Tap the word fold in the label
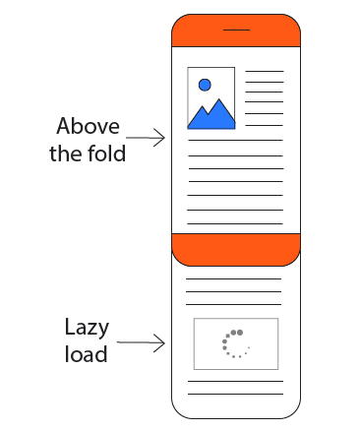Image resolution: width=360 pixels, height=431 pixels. (x=105, y=154)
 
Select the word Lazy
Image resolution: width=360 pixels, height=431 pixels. (x=86, y=328)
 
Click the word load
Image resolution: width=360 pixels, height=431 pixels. (x=86, y=354)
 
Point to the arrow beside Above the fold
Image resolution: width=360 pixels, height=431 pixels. (x=147, y=140)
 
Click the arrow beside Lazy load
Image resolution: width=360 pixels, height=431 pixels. (x=147, y=343)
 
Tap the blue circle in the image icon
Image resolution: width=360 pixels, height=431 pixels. (x=205, y=85)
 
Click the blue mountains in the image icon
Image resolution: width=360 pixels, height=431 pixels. (x=211, y=114)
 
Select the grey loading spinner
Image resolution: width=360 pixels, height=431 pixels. (x=235, y=343)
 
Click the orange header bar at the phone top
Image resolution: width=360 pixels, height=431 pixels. (x=235, y=32)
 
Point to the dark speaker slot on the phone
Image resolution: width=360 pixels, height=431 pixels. (x=236, y=31)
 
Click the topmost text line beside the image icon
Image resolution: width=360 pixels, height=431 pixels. (x=264, y=71)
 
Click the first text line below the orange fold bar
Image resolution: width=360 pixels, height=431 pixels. (x=235, y=279)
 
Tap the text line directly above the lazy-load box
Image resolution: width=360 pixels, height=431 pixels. (x=235, y=305)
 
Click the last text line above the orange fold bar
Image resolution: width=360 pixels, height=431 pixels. (x=235, y=223)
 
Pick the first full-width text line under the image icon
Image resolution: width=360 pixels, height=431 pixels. (x=235, y=142)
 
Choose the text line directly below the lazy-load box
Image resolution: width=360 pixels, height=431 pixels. (x=235, y=381)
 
